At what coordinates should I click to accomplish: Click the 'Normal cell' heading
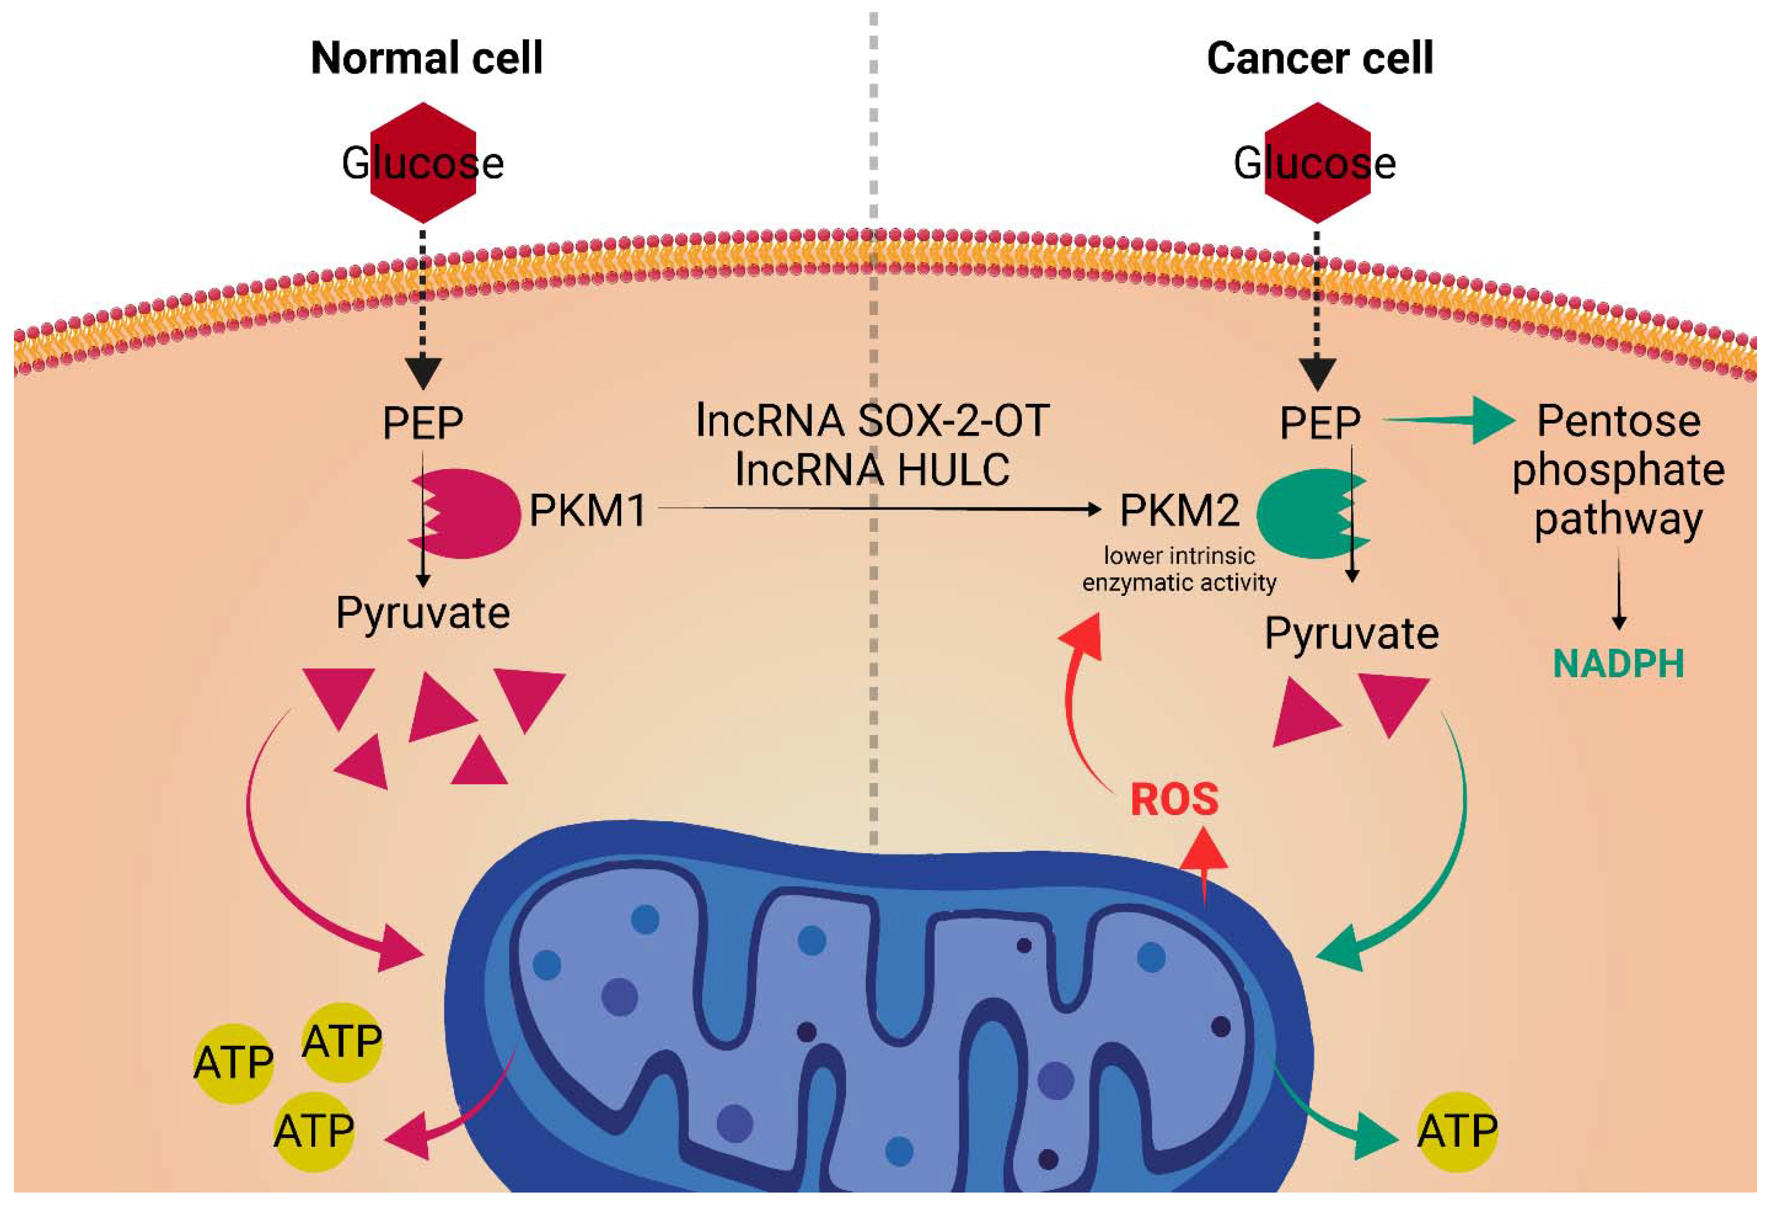(x=427, y=59)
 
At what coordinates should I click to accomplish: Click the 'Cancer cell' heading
(x=1320, y=59)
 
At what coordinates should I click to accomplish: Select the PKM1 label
(x=587, y=510)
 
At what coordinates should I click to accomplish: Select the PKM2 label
(x=1179, y=510)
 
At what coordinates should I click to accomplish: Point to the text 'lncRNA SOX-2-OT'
(x=873, y=421)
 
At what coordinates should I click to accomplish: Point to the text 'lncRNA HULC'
(x=873, y=469)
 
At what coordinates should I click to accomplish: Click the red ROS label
(x=1174, y=799)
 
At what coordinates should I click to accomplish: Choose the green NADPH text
(x=1618, y=663)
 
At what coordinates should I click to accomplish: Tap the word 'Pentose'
(x=1618, y=421)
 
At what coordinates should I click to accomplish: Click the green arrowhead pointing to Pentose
(x=1492, y=419)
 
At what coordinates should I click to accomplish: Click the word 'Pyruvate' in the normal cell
(x=423, y=613)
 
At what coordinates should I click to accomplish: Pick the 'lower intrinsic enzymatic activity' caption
(x=1179, y=569)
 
